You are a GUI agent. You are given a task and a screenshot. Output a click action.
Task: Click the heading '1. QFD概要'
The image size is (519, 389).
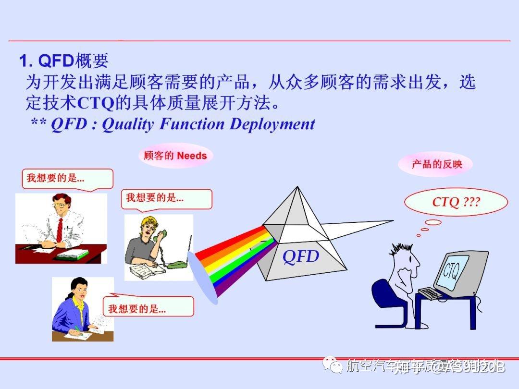point(63,61)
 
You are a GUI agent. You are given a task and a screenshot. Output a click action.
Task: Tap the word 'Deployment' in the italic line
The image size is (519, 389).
point(272,124)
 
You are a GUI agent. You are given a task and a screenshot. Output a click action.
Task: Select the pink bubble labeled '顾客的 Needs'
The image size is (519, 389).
point(175,156)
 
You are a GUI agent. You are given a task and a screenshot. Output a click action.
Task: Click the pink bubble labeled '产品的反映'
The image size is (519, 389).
point(436,164)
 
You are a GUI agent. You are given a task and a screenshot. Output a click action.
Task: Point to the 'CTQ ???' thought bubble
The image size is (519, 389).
point(456,202)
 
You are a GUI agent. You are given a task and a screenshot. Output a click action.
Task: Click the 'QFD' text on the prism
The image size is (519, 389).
point(301,256)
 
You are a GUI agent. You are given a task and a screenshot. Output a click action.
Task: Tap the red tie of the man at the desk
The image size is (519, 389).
point(60,230)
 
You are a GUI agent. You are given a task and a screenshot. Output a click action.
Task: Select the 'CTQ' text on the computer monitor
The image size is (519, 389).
point(452,272)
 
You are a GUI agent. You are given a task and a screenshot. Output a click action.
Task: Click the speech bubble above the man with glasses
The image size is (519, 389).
point(67,179)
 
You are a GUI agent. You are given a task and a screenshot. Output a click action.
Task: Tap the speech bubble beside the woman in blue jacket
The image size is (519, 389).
point(149,306)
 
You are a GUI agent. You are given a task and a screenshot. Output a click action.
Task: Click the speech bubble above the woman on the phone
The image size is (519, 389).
point(167,198)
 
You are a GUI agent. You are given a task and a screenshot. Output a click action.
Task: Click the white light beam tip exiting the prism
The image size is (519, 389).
point(389,221)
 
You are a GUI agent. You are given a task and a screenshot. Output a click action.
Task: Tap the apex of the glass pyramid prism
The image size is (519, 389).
point(296,188)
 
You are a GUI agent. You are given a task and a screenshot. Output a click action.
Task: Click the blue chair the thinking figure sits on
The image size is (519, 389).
point(384,300)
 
